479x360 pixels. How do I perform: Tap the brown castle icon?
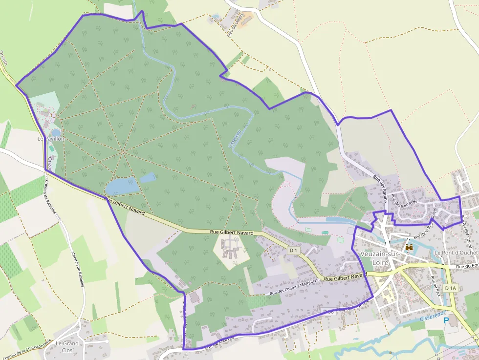pyautogui.click(x=409, y=248)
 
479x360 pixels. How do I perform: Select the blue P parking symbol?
pyautogui.click(x=446, y=320)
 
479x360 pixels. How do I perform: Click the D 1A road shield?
pyautogui.click(x=450, y=288)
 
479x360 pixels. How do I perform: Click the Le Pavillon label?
pyautogui.click(x=51, y=139)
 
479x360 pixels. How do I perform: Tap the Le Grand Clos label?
pyautogui.click(x=67, y=346)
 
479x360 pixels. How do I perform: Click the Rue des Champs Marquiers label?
pyautogui.click(x=294, y=286)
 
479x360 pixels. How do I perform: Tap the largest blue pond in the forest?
pyautogui.click(x=121, y=186)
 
